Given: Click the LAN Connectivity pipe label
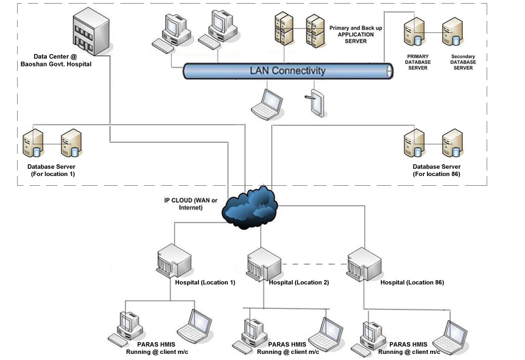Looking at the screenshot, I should tap(287, 71).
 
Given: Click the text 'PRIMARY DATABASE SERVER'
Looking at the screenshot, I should tap(418, 62).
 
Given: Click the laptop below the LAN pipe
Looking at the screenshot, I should tap(267, 103).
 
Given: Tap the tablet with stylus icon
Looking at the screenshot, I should tap(314, 103).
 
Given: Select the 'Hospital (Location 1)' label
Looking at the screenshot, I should tap(205, 283).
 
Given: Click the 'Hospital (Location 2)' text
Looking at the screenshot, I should tap(298, 283).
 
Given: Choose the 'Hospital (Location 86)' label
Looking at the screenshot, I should tap(412, 283).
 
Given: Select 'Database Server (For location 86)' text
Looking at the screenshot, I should tap(436, 170).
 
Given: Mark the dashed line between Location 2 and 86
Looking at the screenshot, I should tap(314, 264).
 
